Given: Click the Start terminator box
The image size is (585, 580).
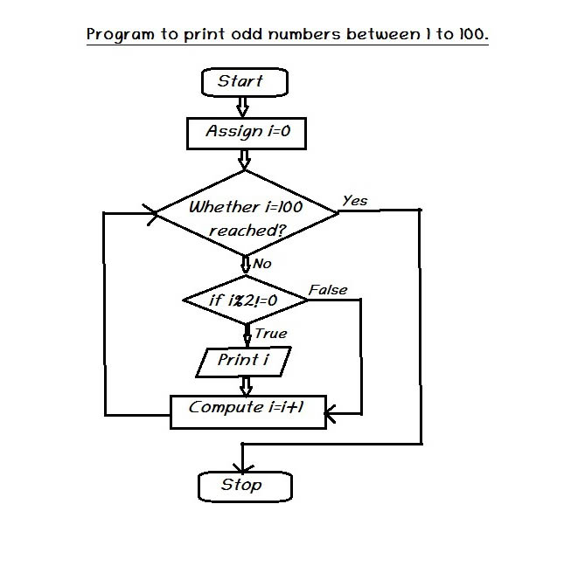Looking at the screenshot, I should pos(244,82).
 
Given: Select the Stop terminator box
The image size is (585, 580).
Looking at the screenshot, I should pos(244,486).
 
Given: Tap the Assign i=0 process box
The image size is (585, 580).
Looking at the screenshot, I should pos(247,133).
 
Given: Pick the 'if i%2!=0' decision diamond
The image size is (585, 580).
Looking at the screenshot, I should pos(245,300).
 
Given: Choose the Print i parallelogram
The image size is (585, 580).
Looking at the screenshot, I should pos(243,361).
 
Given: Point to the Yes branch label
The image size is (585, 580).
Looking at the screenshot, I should pos(355,201).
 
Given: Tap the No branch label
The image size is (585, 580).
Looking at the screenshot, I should pos(262,264).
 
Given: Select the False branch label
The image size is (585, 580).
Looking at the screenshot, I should pos(328,290).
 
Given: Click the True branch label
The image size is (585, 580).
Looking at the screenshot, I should pos(270,334).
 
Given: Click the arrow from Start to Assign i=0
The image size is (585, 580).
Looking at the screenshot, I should pos(243,107).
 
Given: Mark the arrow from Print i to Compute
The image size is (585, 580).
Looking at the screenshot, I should pos(246,385).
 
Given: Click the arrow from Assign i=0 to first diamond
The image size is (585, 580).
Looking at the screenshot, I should pos(245,159).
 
